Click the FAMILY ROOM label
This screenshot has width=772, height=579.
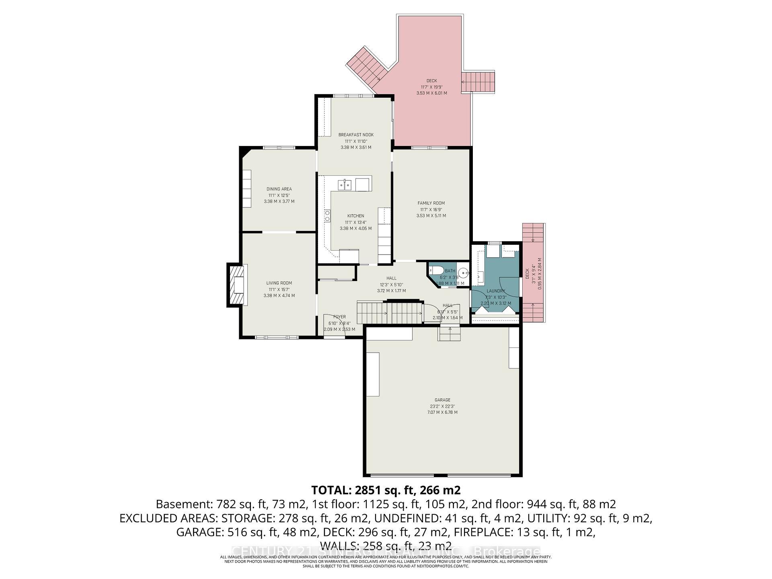pos(431,203)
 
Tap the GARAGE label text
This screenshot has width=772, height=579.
pos(442,400)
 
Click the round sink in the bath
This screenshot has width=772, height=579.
pos(464,273)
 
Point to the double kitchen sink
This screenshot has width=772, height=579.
pos(345,185)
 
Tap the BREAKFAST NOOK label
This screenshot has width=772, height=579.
pos(356,135)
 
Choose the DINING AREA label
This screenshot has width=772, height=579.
pos(279,189)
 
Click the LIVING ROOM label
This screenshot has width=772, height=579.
pos(279,283)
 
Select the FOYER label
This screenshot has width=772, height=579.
pos(339,317)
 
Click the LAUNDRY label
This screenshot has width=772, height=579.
pos(495,291)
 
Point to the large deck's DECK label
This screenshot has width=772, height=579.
pos(431,81)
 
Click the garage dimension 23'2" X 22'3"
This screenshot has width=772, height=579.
pos(442,406)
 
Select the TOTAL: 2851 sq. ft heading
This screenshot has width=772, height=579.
pos(386,490)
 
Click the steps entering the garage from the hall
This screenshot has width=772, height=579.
pos(450,334)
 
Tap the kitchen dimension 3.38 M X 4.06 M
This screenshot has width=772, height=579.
pos(356,228)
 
